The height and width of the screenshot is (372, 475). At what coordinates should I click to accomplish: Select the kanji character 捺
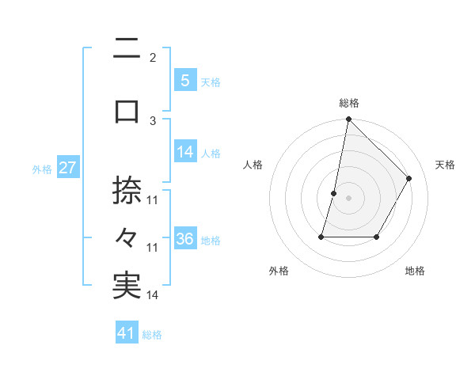tap(127, 191)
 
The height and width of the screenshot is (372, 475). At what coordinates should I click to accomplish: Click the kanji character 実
tap(127, 286)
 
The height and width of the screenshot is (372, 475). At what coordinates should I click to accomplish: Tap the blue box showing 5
tap(184, 81)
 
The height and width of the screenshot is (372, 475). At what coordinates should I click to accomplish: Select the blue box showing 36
tap(184, 239)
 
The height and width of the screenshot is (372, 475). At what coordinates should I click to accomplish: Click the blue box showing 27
tap(67, 168)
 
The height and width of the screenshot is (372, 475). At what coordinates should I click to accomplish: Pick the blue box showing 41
tap(127, 333)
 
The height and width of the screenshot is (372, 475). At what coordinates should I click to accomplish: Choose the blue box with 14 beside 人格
tap(184, 152)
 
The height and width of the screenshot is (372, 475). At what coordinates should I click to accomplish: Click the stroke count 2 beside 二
tap(152, 58)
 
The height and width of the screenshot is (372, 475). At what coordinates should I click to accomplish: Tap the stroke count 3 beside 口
tap(153, 120)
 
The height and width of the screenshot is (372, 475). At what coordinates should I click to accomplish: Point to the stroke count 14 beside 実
tap(153, 295)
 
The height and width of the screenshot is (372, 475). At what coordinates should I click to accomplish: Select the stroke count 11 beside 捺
tap(153, 200)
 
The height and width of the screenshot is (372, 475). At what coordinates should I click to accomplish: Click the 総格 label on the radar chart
tap(348, 103)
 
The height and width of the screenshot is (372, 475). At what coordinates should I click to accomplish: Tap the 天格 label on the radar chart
tap(445, 165)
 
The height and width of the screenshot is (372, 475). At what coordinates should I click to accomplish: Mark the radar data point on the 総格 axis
tap(348, 119)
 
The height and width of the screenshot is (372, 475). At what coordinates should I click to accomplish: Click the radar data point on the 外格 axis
tap(322, 237)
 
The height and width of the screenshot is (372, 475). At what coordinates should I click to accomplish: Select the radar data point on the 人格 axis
tap(334, 193)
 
